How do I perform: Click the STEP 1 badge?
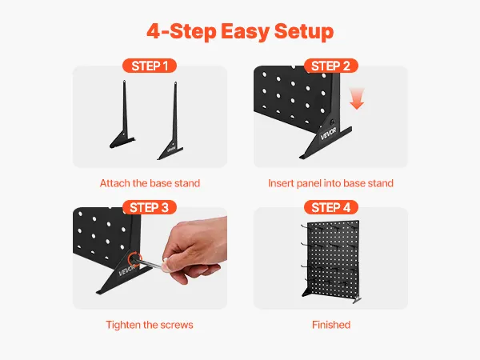click(x=150, y=66)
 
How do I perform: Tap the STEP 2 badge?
click(x=330, y=66)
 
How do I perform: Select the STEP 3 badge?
click(x=150, y=207)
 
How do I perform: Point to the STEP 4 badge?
click(x=331, y=207)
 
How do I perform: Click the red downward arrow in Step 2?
click(x=357, y=98)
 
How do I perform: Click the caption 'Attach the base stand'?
click(x=150, y=183)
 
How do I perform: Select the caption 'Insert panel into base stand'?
click(x=330, y=183)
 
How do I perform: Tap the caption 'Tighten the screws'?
click(x=150, y=325)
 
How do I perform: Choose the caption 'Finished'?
click(x=331, y=325)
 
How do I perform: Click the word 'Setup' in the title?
click(x=304, y=31)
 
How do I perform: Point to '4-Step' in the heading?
click(x=182, y=31)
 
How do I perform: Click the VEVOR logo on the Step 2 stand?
click(x=328, y=134)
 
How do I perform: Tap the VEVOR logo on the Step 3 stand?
click(x=126, y=270)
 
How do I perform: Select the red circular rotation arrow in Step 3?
click(x=134, y=258)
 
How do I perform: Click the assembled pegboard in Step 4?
click(x=330, y=261)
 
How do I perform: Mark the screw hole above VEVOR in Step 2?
click(x=333, y=122)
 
